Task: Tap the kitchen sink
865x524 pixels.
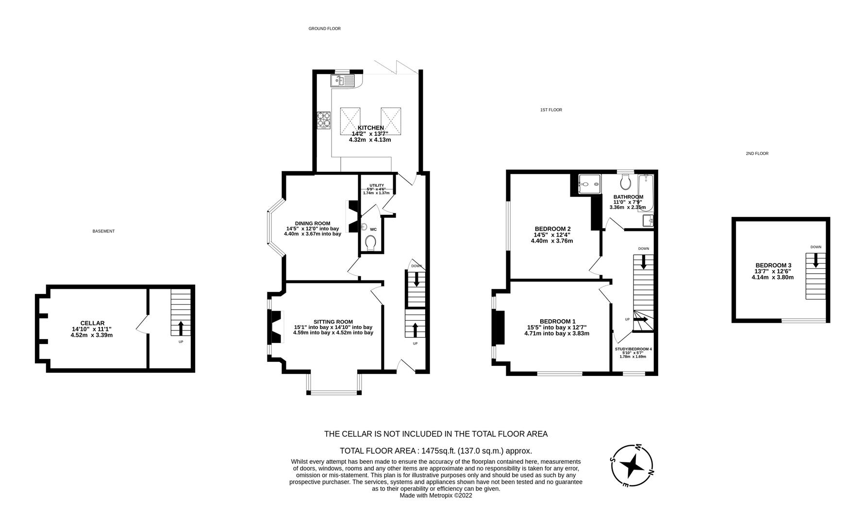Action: [x=344, y=81]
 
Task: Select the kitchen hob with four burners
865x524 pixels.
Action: [x=324, y=121]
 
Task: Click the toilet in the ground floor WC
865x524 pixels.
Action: [x=371, y=243]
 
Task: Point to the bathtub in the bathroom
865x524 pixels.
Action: [x=646, y=194]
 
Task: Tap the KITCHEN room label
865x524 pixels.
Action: [x=371, y=128]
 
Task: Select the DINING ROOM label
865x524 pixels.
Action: [x=313, y=223]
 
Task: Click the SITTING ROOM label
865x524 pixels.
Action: [x=333, y=322]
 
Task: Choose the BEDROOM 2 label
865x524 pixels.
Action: [x=552, y=229]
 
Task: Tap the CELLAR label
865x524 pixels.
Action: [x=92, y=323]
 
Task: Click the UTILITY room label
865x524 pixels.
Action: [x=377, y=185]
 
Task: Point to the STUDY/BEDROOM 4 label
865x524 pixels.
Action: [x=633, y=349]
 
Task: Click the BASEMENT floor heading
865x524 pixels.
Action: [x=103, y=231]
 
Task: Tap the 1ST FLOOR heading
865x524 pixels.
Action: [x=551, y=110]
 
